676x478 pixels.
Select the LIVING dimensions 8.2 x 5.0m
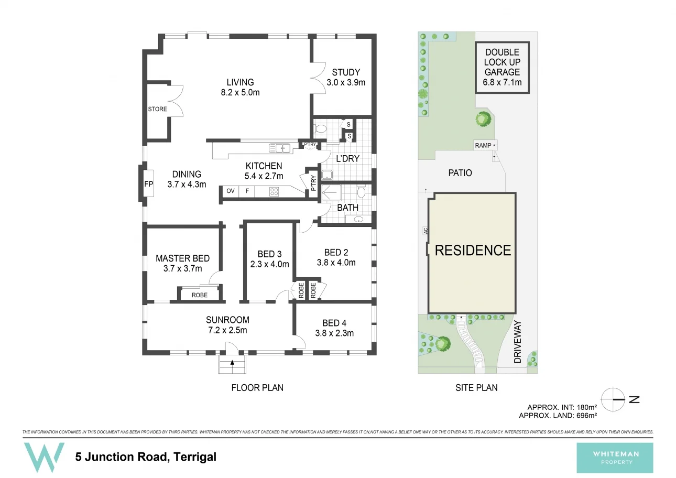[x=240, y=93]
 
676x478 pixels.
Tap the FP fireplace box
[x=148, y=184]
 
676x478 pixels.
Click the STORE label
[x=158, y=109]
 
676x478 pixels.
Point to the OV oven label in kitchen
[x=230, y=191]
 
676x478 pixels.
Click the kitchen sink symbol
[x=280, y=148]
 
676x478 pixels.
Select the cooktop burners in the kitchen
[x=274, y=192]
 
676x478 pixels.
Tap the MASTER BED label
[x=182, y=258]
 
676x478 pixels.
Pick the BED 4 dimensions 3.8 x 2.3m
[x=334, y=333]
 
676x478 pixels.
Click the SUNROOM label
[x=227, y=320]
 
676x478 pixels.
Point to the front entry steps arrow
[x=232, y=363]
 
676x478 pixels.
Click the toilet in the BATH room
[x=361, y=192]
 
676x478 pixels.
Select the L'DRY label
[x=347, y=158]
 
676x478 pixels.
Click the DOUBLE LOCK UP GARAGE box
[x=502, y=67]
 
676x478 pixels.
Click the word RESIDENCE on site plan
[x=473, y=251]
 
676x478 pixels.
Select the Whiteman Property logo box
[x=615, y=458]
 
